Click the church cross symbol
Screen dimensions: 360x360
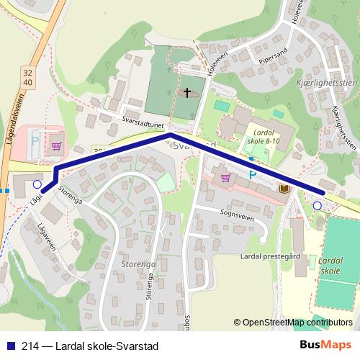tap(188, 92)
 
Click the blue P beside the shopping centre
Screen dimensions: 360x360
tap(253, 175)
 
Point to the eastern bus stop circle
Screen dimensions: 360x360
tap(318, 206)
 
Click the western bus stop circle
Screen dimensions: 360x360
tap(37, 184)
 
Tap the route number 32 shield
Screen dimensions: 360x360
tap(27, 73)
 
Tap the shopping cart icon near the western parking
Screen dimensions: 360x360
tap(55, 145)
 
